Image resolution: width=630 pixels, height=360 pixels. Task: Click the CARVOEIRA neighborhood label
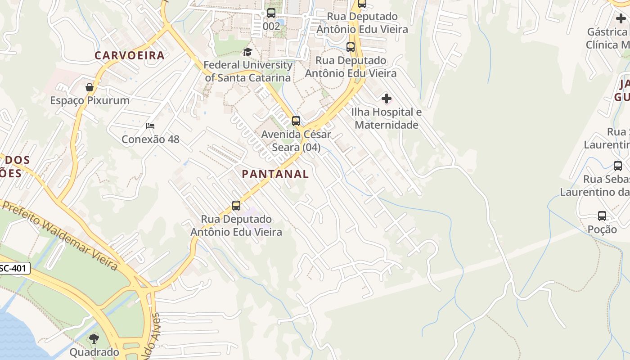(130, 55)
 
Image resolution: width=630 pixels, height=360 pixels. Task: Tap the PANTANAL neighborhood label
(275, 174)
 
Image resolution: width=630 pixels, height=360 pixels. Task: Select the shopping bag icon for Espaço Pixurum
(90, 87)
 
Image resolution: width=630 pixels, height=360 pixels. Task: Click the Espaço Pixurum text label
(90, 100)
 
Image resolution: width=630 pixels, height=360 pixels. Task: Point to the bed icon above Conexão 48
(150, 126)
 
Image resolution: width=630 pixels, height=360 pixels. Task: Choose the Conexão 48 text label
(150, 139)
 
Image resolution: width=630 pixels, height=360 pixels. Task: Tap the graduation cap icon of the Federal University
(247, 52)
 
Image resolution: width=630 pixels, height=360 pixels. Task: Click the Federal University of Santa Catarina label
(248, 71)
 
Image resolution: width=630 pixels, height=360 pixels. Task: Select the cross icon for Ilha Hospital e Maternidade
(386, 99)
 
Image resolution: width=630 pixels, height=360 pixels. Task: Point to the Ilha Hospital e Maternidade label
(387, 118)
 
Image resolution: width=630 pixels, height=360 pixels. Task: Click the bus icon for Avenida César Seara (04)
(296, 121)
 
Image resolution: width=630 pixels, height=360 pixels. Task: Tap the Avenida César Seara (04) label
(296, 141)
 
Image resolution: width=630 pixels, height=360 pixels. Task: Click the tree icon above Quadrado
(94, 339)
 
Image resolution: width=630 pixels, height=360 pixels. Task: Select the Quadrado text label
(94, 352)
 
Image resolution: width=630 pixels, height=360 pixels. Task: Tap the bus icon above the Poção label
(602, 216)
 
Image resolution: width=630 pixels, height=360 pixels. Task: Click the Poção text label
(602, 229)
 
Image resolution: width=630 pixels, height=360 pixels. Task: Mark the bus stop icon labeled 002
(271, 13)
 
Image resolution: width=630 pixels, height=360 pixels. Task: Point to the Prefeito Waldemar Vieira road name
(61, 236)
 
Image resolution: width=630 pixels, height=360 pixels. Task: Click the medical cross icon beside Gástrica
(621, 19)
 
